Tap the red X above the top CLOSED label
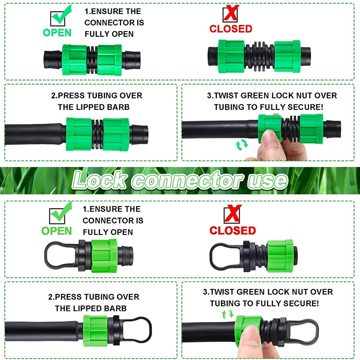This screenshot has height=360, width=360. pyautogui.click(x=231, y=13)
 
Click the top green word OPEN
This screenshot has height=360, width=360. pyautogui.click(x=57, y=33)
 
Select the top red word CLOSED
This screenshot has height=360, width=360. pyautogui.click(x=231, y=29)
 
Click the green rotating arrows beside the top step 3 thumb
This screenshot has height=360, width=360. pyautogui.click(x=242, y=145)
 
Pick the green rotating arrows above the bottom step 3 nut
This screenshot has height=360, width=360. pyautogui.click(x=228, y=314)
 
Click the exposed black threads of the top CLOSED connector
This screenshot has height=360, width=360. pyautogui.click(x=260, y=57)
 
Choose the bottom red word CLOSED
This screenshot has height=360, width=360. pyautogui.click(x=233, y=230)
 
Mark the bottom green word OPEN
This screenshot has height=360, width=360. pyautogui.click(x=57, y=231)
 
